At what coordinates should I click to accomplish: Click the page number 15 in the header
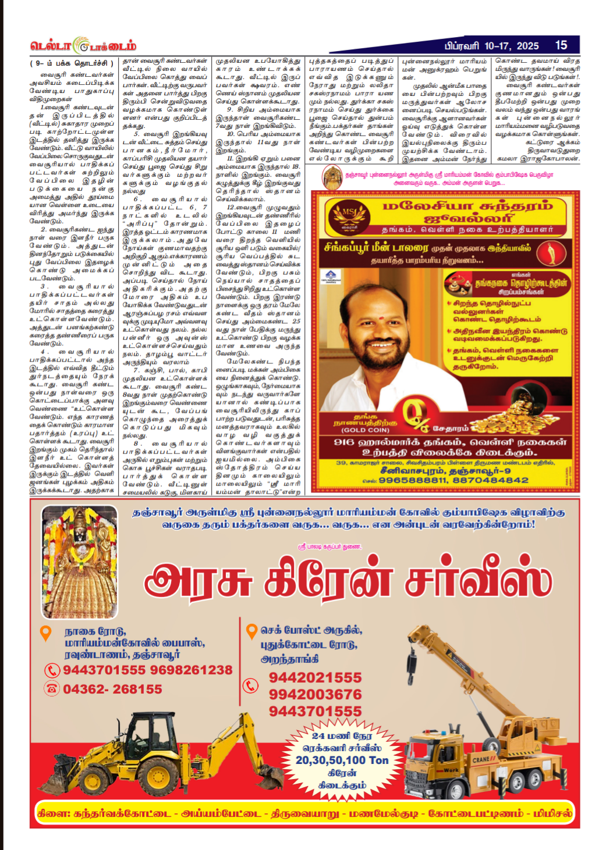[561, 45]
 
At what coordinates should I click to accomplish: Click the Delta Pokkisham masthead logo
[83, 46]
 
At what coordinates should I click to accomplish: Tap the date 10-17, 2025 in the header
[512, 46]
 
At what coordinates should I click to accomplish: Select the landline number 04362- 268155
[112, 689]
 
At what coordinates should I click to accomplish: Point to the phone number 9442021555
[315, 677]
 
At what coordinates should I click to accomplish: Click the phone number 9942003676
[315, 694]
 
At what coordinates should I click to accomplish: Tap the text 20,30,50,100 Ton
[342, 760]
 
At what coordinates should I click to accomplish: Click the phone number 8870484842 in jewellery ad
[490, 480]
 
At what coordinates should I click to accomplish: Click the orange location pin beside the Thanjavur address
[46, 633]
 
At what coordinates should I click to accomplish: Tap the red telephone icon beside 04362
[52, 689]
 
